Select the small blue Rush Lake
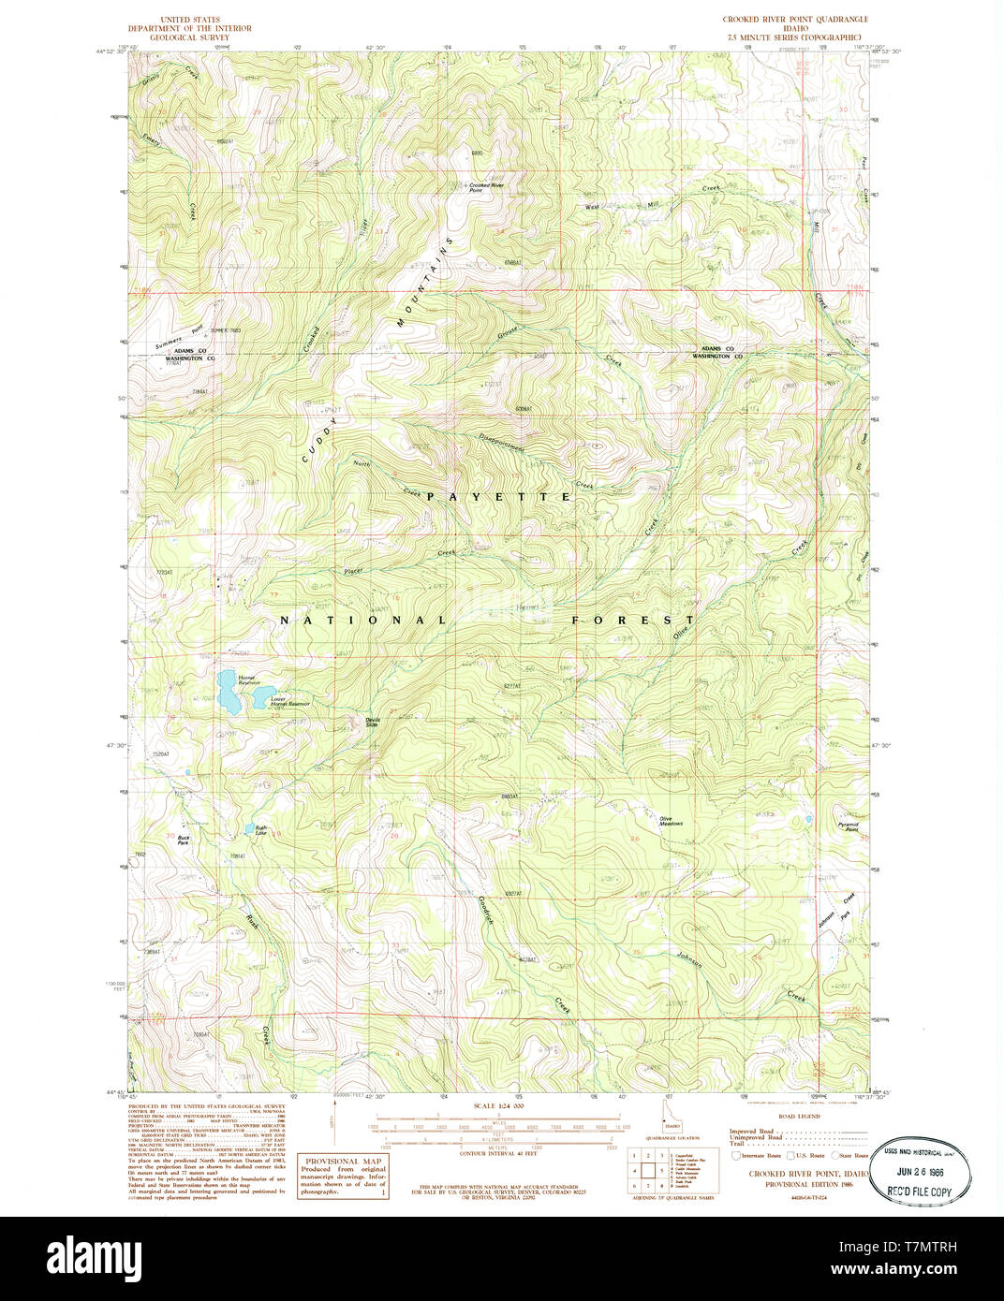coord(248,828)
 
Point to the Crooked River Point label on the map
coord(487,186)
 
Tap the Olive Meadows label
coord(671,822)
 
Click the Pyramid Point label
coord(849,827)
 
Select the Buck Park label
coord(184,840)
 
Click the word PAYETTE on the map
coord(498,497)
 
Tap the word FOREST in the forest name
coord(633,620)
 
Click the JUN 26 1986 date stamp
coord(920,1171)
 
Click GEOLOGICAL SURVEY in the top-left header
coord(190,38)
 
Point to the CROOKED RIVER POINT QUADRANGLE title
coord(795,20)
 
